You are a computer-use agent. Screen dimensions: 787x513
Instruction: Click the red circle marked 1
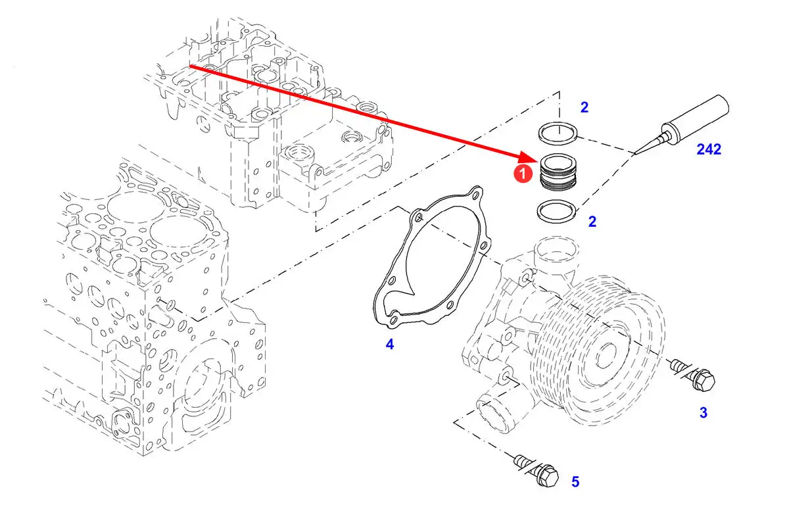[523, 174]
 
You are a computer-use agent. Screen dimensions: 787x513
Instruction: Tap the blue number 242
[709, 149]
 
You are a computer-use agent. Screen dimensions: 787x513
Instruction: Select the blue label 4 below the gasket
[389, 345]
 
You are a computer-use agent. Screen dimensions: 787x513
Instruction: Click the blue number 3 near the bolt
[704, 412]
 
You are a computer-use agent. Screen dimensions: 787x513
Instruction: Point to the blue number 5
[575, 482]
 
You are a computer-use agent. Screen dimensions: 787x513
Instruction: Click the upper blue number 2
[584, 107]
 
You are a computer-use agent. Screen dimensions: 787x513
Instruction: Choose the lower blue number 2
[592, 222]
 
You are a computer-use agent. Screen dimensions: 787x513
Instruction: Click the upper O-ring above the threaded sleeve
[558, 133]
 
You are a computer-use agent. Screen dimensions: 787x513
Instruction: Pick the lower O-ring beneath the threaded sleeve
[557, 211]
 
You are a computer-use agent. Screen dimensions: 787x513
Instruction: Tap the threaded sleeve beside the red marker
[558, 172]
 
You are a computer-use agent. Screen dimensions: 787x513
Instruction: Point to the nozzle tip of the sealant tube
[634, 154]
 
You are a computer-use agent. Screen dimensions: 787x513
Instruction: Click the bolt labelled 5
[537, 470]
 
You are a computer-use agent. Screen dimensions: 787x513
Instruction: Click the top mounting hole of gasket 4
[474, 194]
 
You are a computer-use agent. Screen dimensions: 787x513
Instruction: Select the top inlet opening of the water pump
[556, 249]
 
